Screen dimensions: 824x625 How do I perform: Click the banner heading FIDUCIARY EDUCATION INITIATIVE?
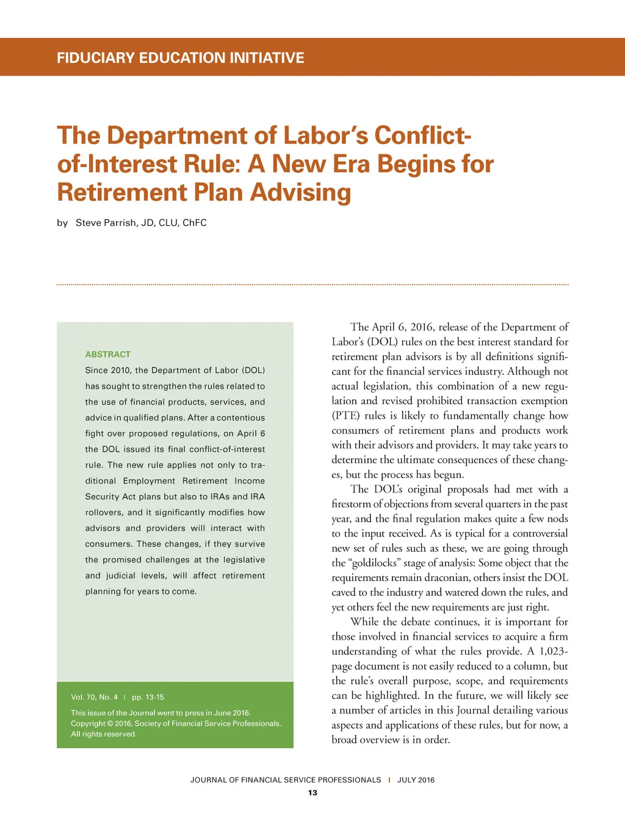[180, 58]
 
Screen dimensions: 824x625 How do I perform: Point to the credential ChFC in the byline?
[195, 223]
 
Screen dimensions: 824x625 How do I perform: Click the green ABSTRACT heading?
[108, 355]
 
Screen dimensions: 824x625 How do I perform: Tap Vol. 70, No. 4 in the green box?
[94, 697]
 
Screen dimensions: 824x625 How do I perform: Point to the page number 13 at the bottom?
[312, 793]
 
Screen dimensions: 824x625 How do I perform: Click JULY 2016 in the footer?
[416, 780]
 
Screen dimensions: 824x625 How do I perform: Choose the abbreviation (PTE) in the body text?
[346, 416]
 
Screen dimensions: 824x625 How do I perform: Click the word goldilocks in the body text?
[374, 563]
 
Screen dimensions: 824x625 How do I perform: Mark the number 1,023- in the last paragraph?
[553, 651]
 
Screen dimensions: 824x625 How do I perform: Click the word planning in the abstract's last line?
[103, 591]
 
